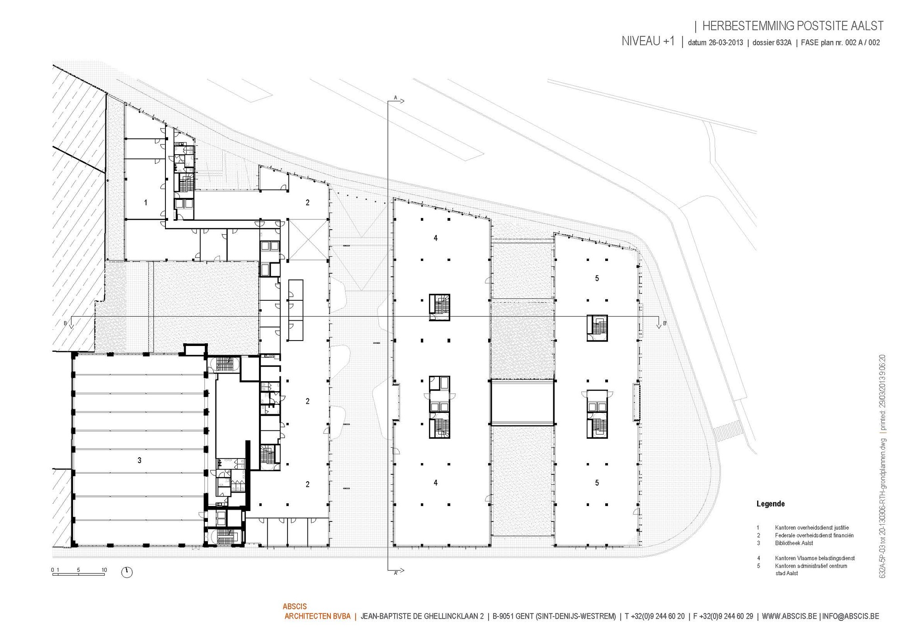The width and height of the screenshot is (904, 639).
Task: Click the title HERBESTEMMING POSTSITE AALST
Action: click(x=793, y=26)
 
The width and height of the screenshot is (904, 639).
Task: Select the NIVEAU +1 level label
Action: click(x=648, y=41)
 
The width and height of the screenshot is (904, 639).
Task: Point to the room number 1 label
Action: click(x=146, y=203)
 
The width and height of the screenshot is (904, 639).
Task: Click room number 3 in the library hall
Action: click(x=139, y=460)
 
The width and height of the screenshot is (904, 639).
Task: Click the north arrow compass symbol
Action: click(x=127, y=572)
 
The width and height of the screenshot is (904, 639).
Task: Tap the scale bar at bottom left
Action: click(x=79, y=572)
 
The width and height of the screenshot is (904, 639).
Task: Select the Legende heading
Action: click(x=771, y=504)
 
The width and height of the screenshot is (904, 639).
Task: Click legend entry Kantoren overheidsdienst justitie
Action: click(x=812, y=527)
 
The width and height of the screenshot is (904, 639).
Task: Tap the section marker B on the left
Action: click(x=66, y=323)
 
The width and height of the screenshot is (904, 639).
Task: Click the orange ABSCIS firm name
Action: click(x=295, y=606)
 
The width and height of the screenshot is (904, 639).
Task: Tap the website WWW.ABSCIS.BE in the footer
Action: click(x=789, y=616)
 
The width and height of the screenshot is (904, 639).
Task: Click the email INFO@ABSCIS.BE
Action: click(x=851, y=616)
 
